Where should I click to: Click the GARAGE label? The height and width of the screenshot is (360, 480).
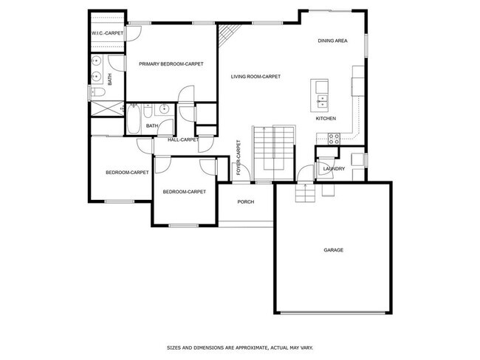coord(333,250)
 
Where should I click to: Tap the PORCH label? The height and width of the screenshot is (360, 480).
coord(246,202)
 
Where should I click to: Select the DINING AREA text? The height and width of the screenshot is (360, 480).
coord(332,41)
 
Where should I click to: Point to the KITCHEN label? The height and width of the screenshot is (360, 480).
coord(326,119)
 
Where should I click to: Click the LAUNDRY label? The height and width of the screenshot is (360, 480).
coord(334,169)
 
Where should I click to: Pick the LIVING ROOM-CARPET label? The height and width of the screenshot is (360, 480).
coord(256,76)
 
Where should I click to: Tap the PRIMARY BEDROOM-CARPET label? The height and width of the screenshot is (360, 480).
coord(171,64)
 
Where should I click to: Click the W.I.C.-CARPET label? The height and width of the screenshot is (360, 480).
coord(106,33)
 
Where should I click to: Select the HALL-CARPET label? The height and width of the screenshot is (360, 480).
coord(182,139)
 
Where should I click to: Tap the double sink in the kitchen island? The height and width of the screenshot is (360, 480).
coord(323,89)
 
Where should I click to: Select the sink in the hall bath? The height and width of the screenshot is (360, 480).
coord(163,111)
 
